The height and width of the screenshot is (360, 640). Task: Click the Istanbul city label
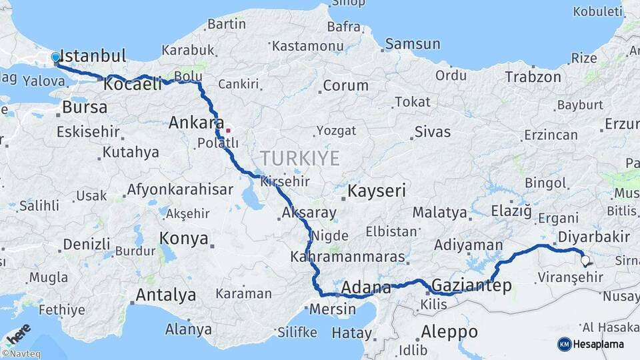tap(93, 55)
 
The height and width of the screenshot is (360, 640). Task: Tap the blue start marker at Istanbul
tap(55, 58)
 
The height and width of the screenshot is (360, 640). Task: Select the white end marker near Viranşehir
tap(585, 261)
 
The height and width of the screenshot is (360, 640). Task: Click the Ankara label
tap(196, 123)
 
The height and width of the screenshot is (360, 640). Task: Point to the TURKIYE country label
tap(299, 159)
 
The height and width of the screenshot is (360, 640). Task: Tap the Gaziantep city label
tap(472, 286)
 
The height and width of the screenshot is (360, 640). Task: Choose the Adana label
tap(366, 288)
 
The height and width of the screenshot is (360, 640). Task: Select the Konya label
tap(183, 239)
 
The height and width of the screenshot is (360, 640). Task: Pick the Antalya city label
tap(165, 295)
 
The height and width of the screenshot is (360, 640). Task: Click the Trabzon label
tap(533, 77)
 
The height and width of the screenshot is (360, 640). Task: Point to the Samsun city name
tap(413, 45)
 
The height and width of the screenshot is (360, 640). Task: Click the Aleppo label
tap(449, 331)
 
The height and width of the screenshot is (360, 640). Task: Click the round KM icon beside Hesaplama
tap(564, 344)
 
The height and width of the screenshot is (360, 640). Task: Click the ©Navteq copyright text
tap(21, 354)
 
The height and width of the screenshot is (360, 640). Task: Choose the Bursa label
tap(85, 107)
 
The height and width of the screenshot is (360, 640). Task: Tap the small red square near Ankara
tap(228, 131)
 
